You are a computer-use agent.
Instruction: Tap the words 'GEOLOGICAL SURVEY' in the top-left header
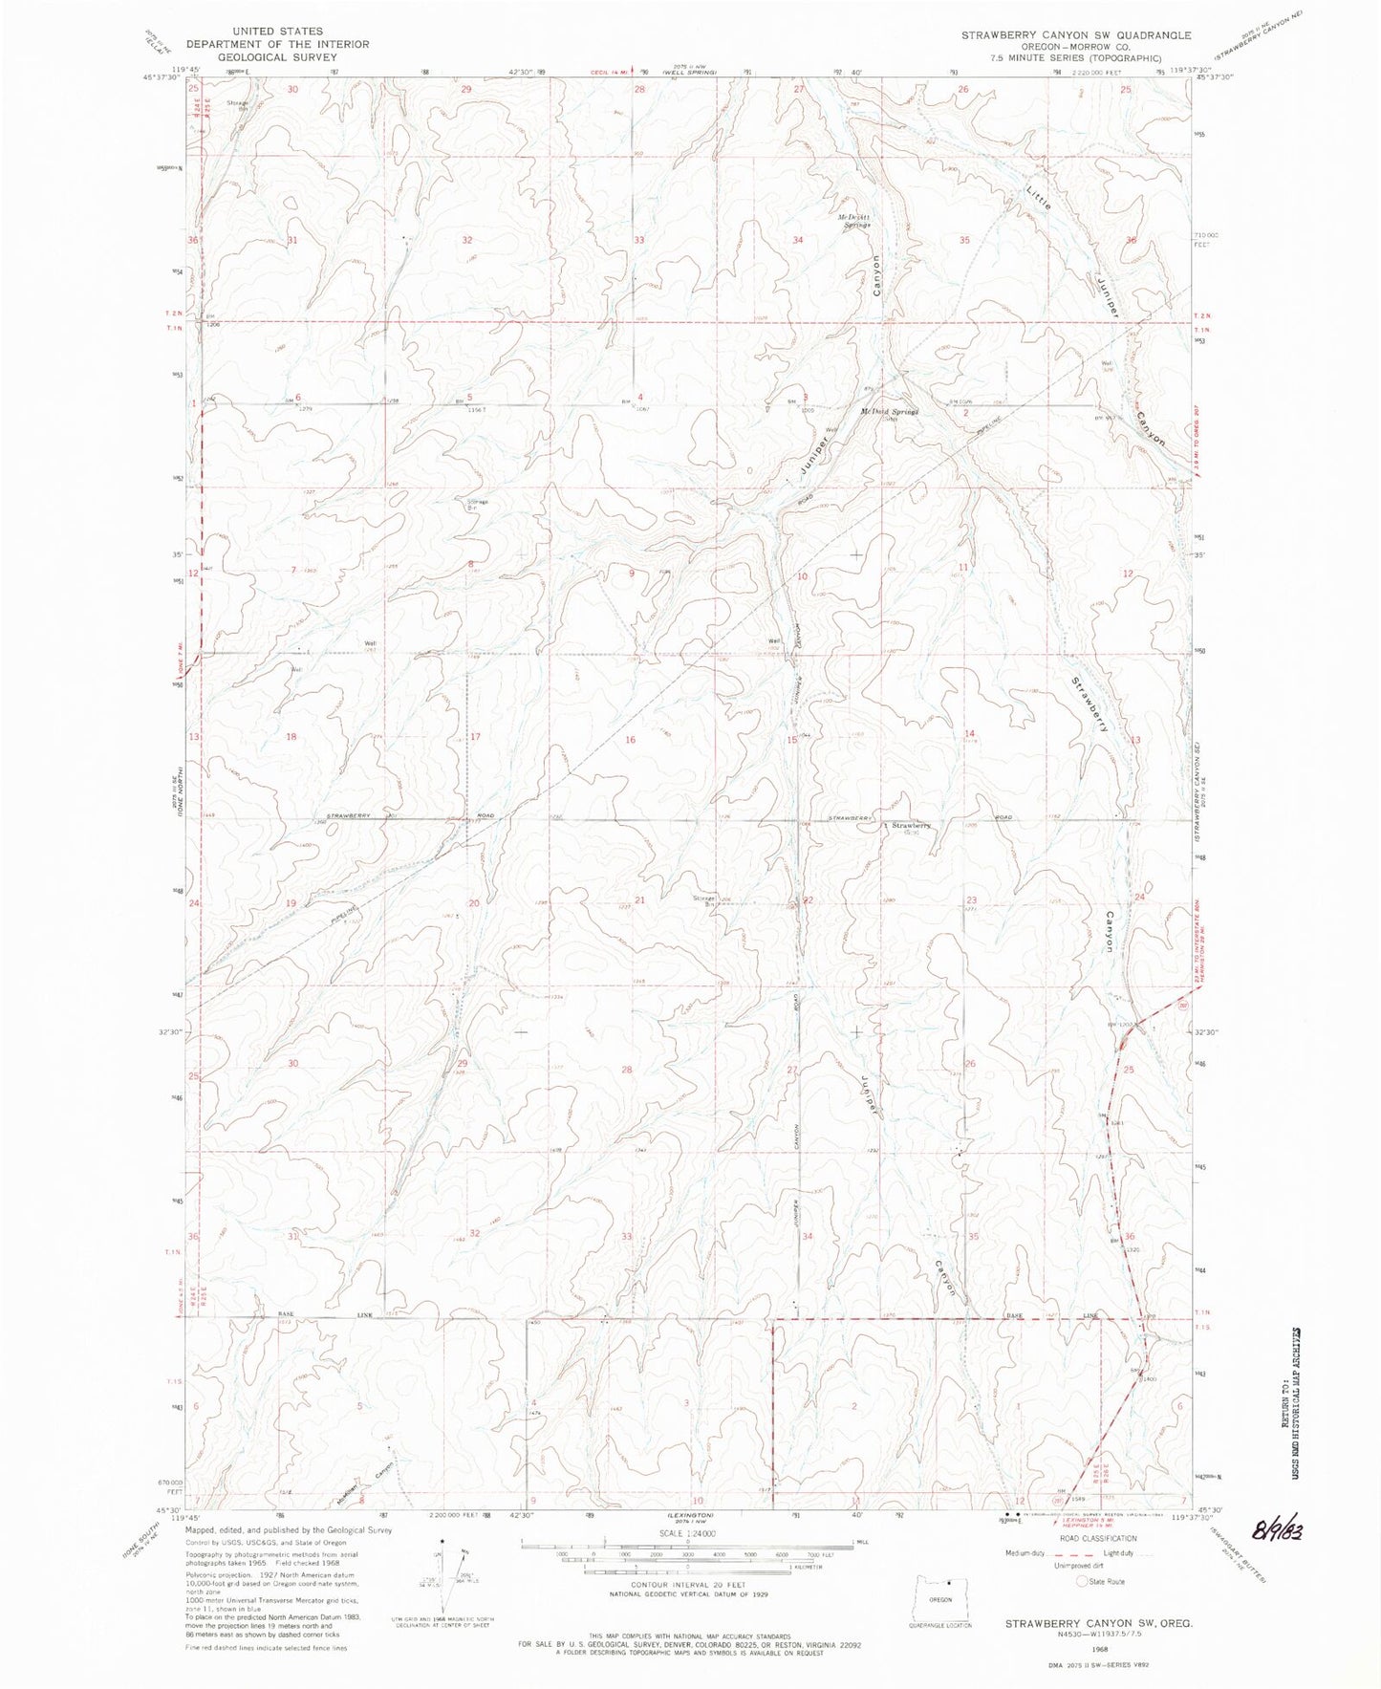(254, 55)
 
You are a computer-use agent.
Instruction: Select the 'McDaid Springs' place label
(889, 412)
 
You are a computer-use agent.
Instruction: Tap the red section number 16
(630, 740)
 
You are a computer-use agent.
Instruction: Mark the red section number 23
(971, 900)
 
